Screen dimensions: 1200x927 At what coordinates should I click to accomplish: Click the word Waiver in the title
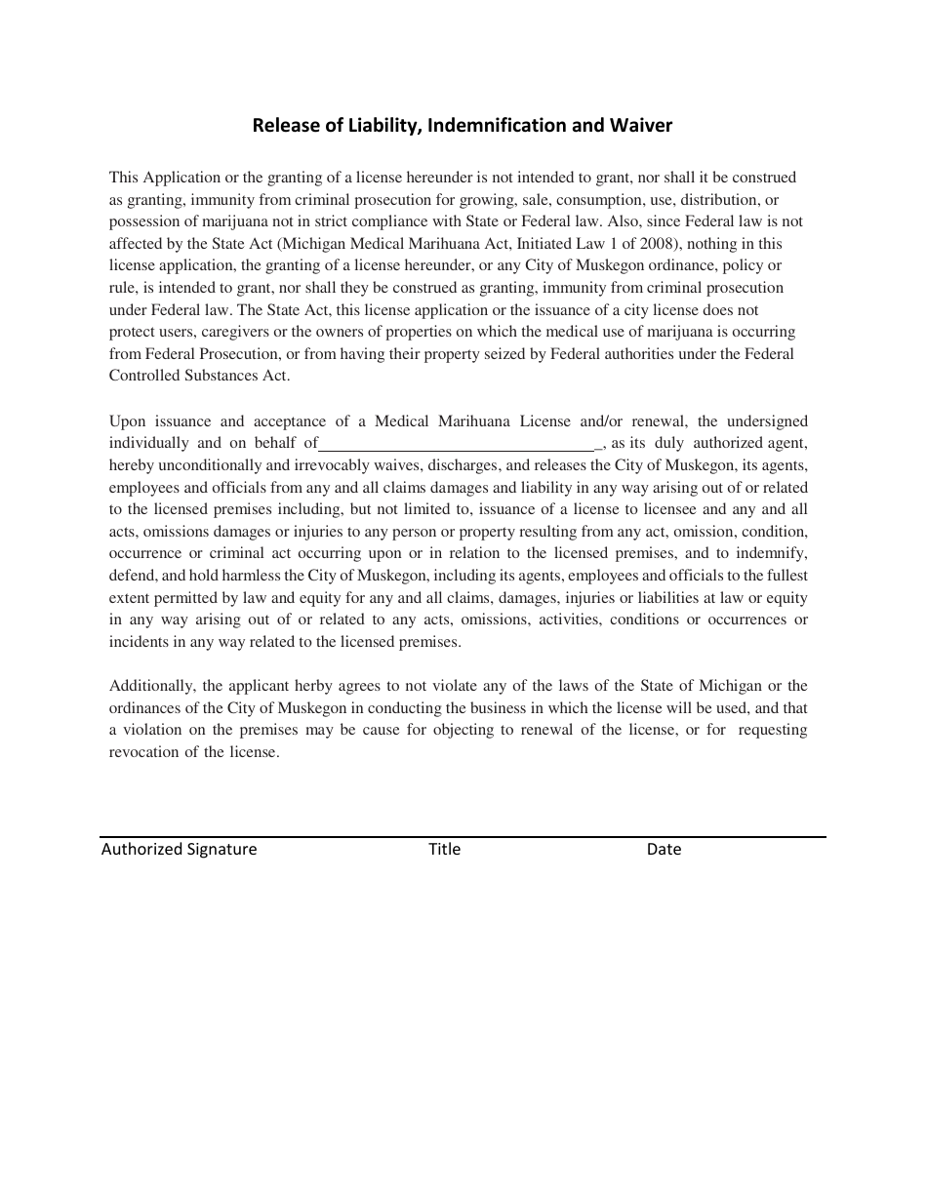(641, 125)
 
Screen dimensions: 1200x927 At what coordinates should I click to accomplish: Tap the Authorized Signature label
(179, 849)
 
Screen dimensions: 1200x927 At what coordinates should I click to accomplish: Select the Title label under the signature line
(444, 849)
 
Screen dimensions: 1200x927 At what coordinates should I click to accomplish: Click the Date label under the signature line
(664, 849)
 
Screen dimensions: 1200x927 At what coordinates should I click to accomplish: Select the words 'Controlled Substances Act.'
(199, 376)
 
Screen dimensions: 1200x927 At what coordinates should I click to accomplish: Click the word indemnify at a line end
(775, 553)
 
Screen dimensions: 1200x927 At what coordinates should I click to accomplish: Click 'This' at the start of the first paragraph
(124, 178)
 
